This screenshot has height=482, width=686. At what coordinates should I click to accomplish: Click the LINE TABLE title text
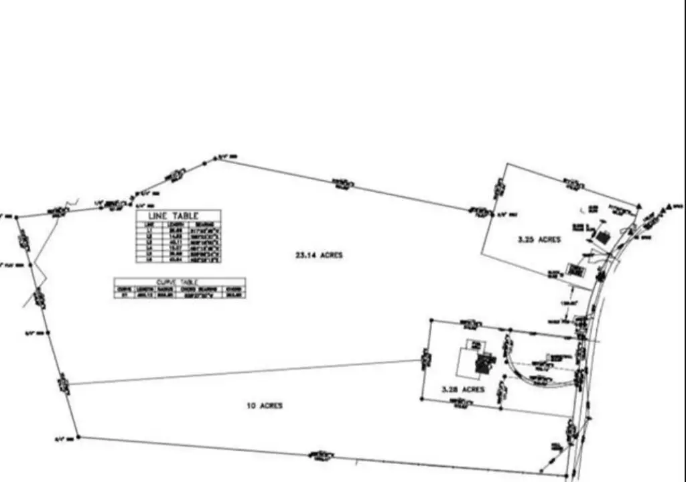coord(178,216)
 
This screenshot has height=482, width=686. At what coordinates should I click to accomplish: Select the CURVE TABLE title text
coord(180,282)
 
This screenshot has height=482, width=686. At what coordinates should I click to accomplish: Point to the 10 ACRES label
coord(265,406)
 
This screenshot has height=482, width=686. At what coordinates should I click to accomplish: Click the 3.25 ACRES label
coord(539,239)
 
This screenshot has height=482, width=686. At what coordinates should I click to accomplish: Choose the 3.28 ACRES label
coord(462,389)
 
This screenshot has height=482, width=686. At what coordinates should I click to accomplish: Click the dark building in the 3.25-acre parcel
coord(604,237)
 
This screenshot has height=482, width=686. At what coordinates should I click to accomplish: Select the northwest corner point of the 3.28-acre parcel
coord(429,319)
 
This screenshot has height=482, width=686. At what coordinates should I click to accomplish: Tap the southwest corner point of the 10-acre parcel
coord(78,437)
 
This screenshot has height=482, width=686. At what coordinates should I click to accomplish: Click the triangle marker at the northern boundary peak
coord(216,158)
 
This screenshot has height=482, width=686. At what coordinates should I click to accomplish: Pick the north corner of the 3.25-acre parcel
coord(508,163)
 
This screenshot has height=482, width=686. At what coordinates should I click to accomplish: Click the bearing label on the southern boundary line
coord(322,456)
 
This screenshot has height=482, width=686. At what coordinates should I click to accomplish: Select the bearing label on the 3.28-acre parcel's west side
coord(425,360)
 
